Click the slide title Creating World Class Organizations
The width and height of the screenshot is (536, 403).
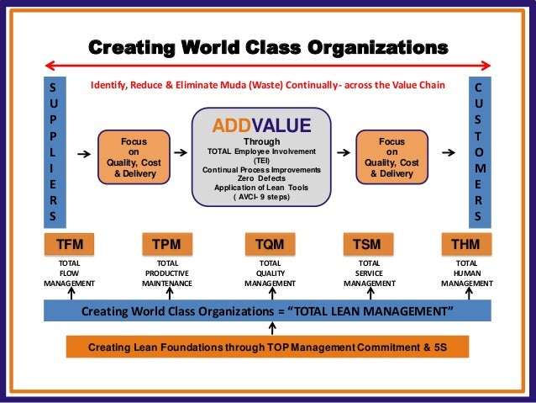268,45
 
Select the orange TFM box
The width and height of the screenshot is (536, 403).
69,245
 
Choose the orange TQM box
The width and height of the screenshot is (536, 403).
269,245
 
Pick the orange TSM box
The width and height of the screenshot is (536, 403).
367,245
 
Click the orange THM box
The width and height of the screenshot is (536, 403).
466,245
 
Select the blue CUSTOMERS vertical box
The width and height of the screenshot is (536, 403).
479,152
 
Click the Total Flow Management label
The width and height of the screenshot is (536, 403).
69,273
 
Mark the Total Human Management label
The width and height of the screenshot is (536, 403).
466,273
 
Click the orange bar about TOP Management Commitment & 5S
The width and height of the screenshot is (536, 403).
267,347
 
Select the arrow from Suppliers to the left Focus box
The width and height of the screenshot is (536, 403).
81,155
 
